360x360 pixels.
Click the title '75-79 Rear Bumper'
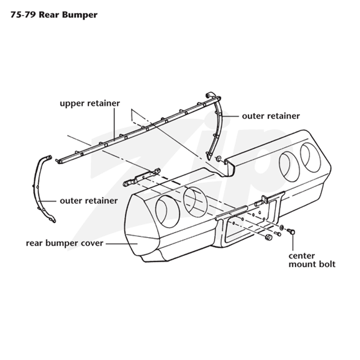pos(54,15)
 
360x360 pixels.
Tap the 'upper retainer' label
pos(90,103)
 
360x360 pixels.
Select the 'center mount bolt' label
pos(312,260)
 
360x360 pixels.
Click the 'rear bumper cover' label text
pos(64,243)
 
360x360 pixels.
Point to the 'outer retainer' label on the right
pos(271,116)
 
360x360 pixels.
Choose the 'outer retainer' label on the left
pos(89,201)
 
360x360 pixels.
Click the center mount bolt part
pos(291,231)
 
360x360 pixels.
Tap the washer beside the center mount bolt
pos(282,228)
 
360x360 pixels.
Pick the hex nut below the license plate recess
pos(268,237)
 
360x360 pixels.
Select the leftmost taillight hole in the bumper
pos(167,211)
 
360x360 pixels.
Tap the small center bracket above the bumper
pos(142,177)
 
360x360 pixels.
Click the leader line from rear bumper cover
pos(121,243)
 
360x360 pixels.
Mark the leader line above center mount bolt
pos(293,243)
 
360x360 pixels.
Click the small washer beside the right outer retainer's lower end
pos(218,158)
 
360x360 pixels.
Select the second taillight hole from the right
pos(289,167)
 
